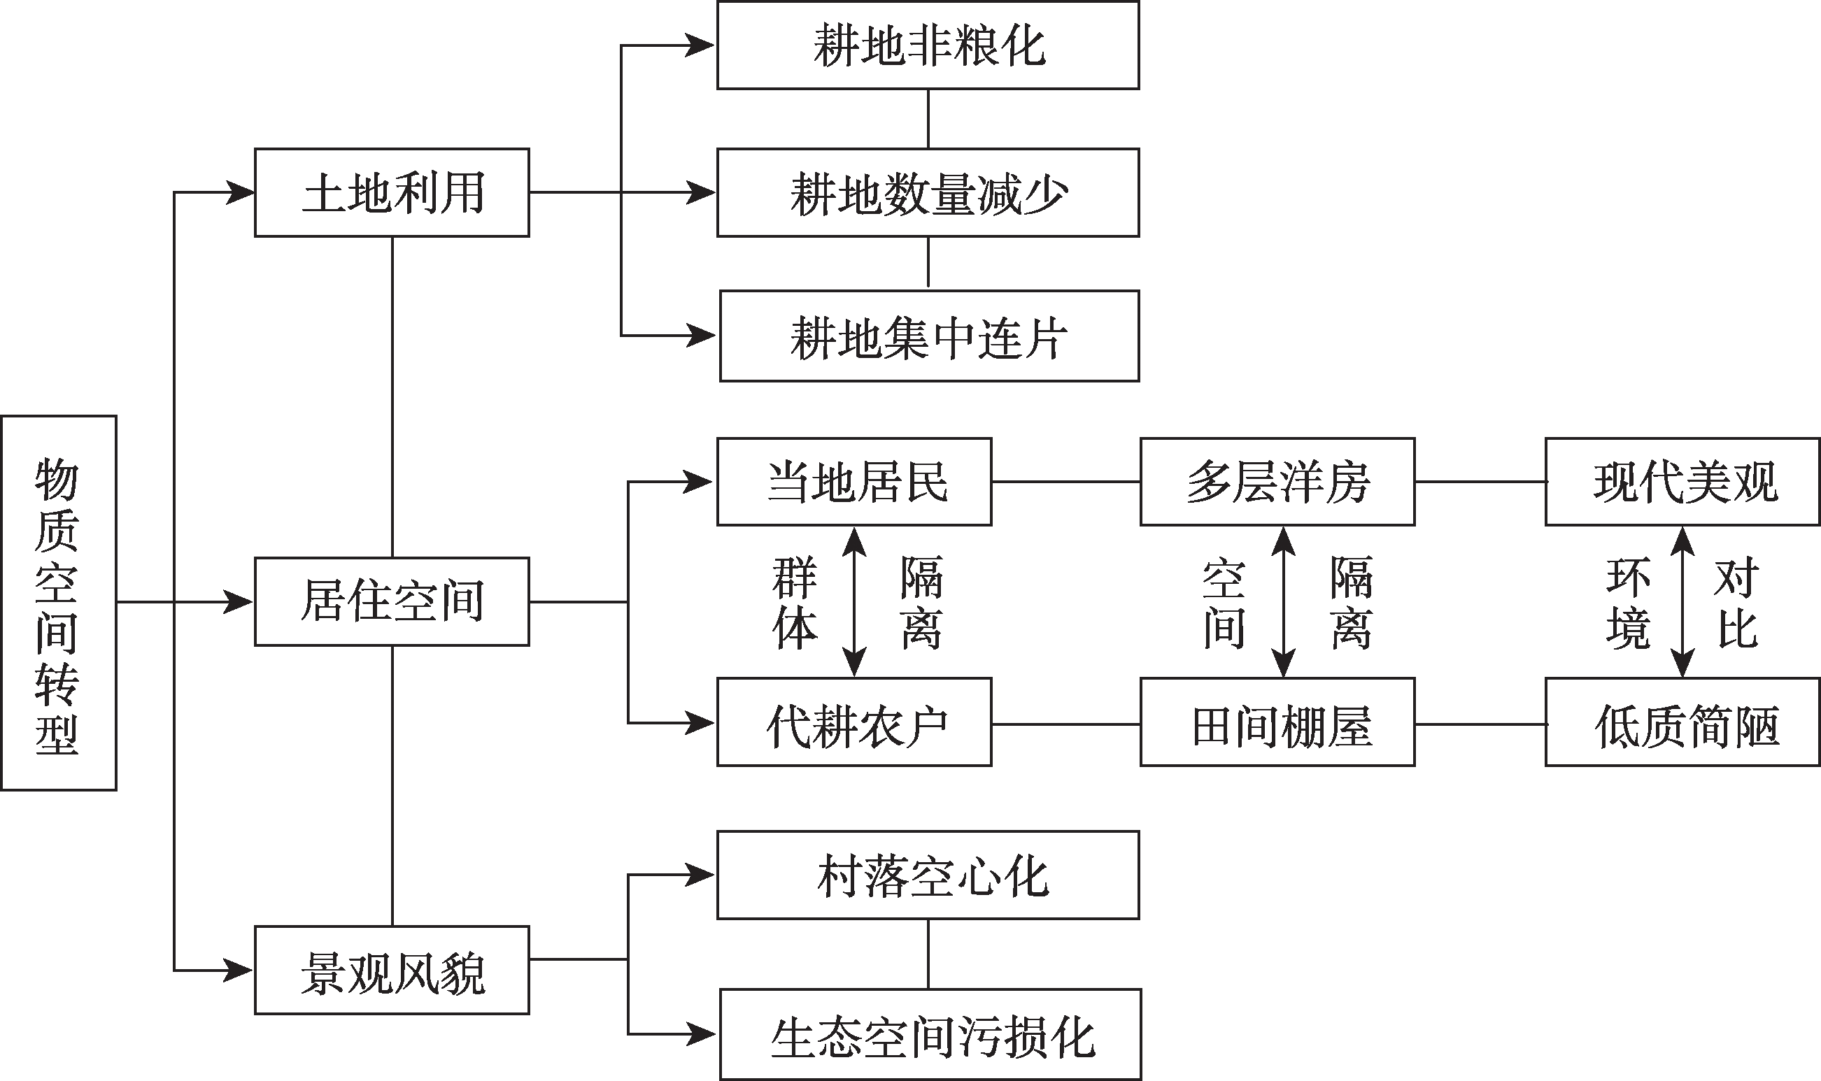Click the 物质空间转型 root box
coord(58,603)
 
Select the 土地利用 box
coord(392,192)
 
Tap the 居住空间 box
coord(392,602)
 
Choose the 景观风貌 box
coord(392,971)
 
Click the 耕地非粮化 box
coord(928,45)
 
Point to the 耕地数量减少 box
coord(928,192)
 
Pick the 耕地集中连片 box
coord(929,336)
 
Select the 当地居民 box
coord(854,482)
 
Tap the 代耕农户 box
coord(854,722)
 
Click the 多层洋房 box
coord(1277,482)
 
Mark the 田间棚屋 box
coord(1277,722)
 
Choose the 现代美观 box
coord(1682,482)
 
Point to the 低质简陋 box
coord(1682,722)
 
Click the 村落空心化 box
coord(928,875)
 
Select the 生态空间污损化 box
coord(930,1034)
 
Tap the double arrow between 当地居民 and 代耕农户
coord(854,602)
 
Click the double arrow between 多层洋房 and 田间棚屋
coord(1283,602)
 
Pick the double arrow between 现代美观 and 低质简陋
coord(1682,602)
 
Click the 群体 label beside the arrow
coord(795,602)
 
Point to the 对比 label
coord(1738,602)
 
